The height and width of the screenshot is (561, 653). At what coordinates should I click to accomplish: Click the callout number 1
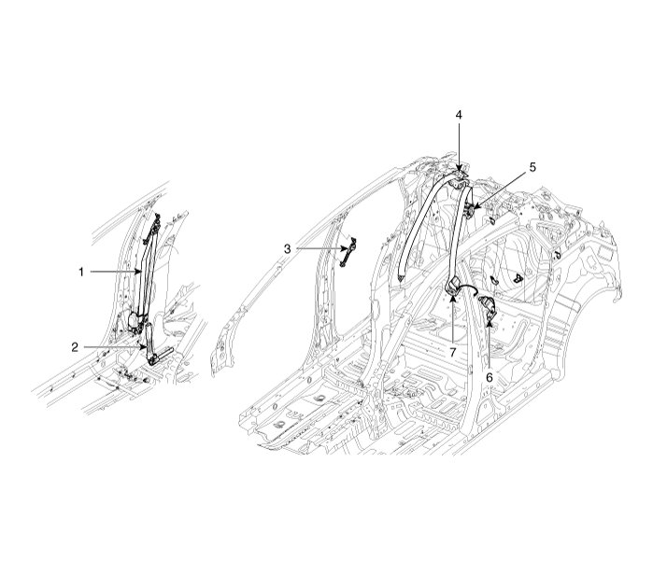click(x=81, y=272)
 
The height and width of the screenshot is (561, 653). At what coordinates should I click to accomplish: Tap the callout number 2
click(x=75, y=346)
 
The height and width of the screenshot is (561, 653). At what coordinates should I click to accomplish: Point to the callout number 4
click(x=459, y=115)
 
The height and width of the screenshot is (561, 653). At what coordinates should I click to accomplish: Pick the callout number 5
click(x=532, y=167)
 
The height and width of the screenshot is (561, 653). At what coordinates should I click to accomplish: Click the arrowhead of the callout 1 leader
click(x=140, y=271)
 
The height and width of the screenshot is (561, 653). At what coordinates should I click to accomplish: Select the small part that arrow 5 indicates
click(x=470, y=214)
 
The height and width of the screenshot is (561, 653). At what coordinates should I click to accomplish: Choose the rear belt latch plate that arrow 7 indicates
click(x=453, y=285)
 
